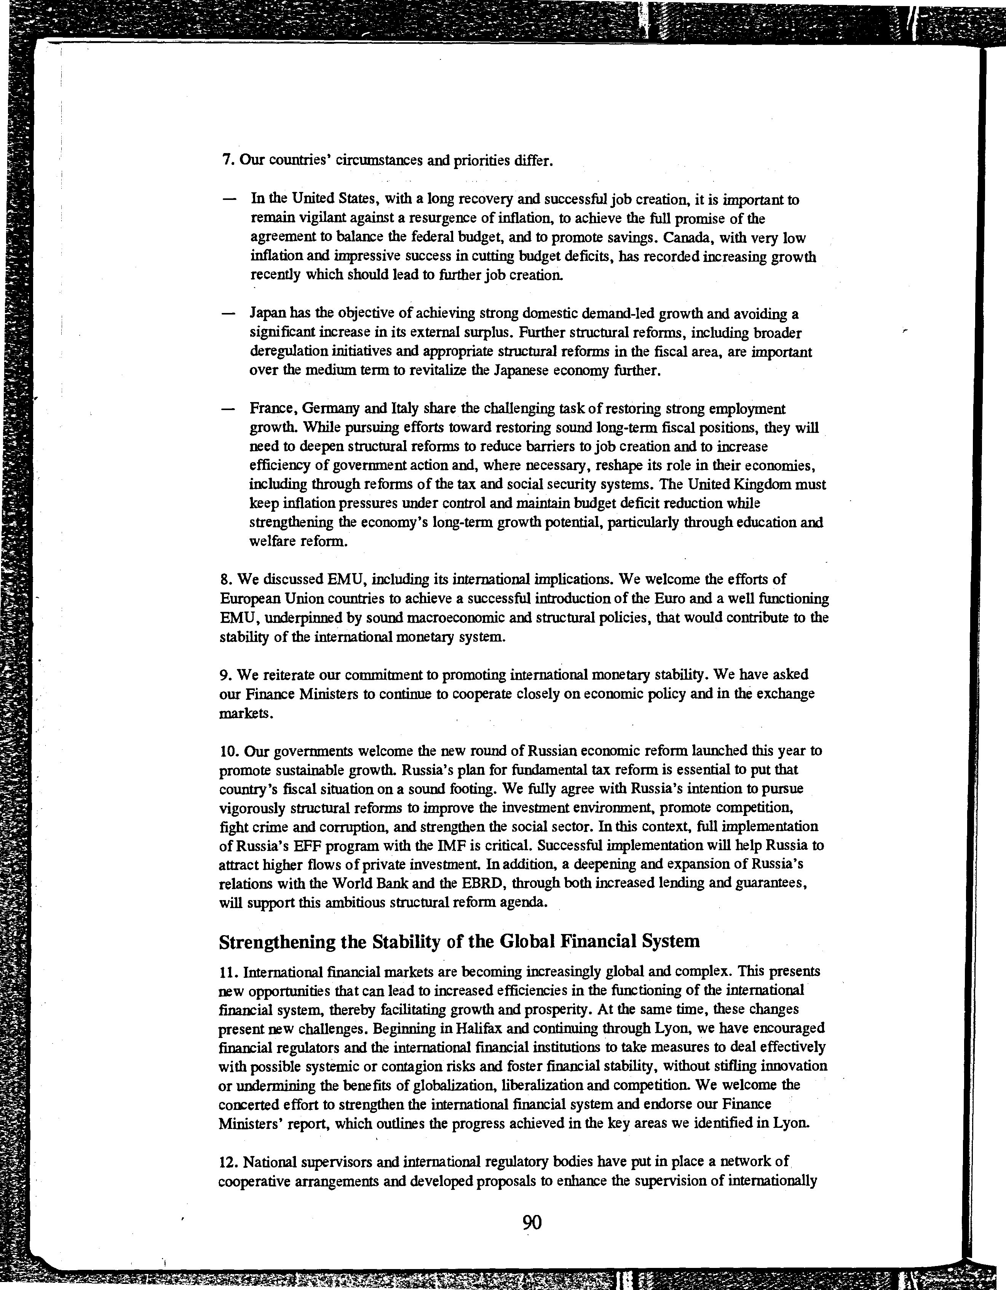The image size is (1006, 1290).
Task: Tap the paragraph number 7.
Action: pos(225,161)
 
